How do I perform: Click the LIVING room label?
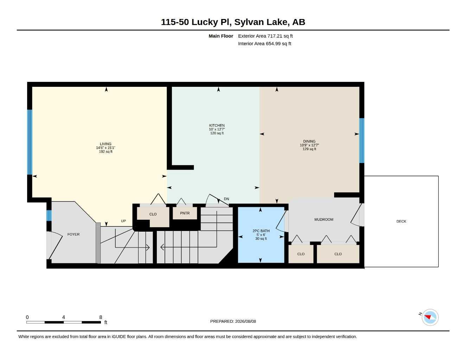pos(106,144)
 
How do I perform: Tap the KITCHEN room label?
pos(217,126)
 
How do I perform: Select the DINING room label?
pos(309,141)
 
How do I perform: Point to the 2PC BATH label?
pos(261,231)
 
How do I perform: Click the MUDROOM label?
pos(324,219)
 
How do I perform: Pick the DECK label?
pos(401,221)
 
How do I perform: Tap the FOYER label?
pos(74,234)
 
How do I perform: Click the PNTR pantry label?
pos(185,213)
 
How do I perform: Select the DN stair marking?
pos(226,199)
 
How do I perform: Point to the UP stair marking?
pos(123,221)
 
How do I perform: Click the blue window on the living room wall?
pos(30,142)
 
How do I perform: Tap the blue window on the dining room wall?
pos(362,141)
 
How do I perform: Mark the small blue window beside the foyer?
pos(49,216)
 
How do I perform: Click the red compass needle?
pos(428,317)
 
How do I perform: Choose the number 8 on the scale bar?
pos(101,317)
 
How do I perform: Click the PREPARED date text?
pos(233,321)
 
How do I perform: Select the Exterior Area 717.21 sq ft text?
pos(265,36)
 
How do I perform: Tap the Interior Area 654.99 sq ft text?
pos(264,44)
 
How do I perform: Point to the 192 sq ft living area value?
pos(106,152)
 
